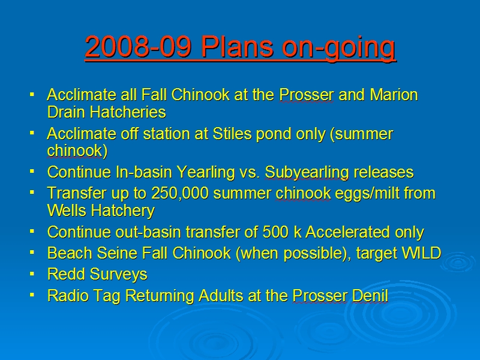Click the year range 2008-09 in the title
pyautogui.click(x=139, y=47)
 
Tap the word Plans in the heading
pyautogui.click(x=237, y=47)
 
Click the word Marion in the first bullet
pyautogui.click(x=394, y=95)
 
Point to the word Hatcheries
pyautogui.click(x=128, y=112)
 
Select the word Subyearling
pyautogui.click(x=307, y=173)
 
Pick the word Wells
pyautogui.click(x=67, y=211)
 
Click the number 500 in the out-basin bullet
pyautogui.click(x=275, y=232)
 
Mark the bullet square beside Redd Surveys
pyautogui.click(x=32, y=274)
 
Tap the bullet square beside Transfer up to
pyautogui.click(x=32, y=193)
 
